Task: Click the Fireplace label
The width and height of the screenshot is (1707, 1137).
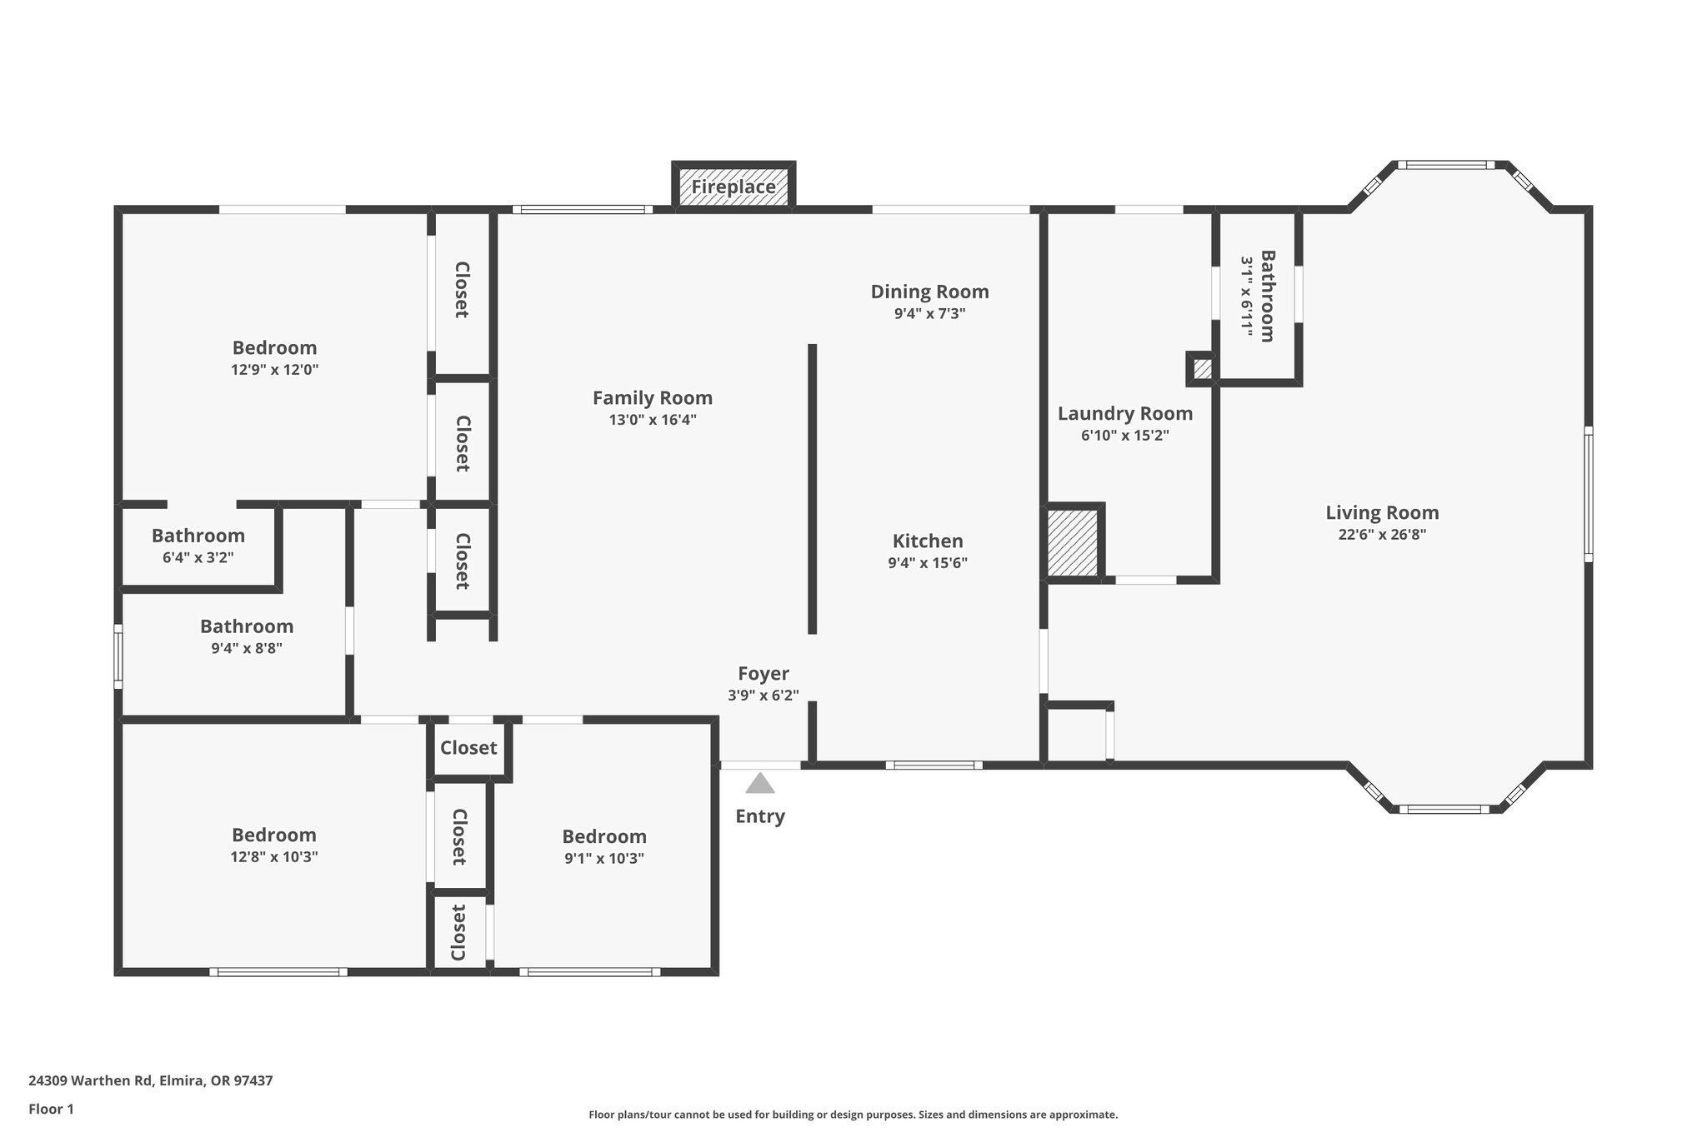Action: [733, 187]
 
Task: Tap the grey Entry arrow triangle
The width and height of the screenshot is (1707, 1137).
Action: [759, 784]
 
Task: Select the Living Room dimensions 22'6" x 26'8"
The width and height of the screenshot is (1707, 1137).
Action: [1382, 535]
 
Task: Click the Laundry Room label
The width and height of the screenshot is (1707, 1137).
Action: [1124, 413]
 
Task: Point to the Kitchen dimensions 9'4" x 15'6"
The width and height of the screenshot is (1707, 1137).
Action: [927, 563]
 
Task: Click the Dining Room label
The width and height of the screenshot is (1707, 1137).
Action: [929, 292]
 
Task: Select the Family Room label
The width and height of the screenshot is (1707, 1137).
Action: [652, 398]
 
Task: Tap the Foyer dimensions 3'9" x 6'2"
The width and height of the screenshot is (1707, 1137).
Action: [763, 696]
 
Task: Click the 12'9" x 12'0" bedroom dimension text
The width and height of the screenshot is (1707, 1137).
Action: [274, 370]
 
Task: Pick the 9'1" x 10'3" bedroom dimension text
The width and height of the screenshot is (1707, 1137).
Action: [603, 859]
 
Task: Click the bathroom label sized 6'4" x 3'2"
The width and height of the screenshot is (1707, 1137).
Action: [198, 536]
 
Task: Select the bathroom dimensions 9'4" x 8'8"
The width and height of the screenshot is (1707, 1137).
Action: [246, 648]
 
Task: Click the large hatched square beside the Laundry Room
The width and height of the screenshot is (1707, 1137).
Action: [1072, 542]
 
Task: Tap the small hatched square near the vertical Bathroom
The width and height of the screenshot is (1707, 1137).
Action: [1202, 369]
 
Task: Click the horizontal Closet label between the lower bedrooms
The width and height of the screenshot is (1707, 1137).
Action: [468, 748]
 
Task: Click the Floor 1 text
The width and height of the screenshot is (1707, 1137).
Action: [51, 1109]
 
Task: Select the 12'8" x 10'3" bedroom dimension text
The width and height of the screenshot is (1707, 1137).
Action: [274, 857]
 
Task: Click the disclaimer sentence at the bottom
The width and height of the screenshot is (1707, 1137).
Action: [853, 1115]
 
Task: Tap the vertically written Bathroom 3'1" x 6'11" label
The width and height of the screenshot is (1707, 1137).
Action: [1258, 296]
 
